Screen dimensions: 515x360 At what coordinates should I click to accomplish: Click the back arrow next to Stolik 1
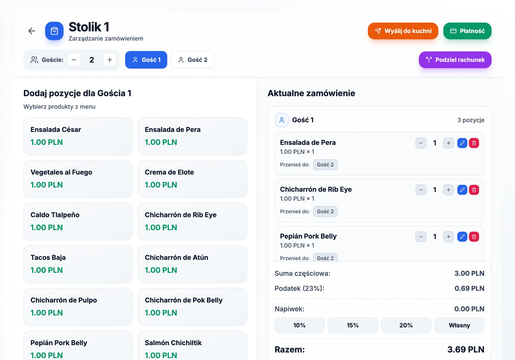[32, 31]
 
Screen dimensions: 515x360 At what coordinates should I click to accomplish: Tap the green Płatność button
[467, 31]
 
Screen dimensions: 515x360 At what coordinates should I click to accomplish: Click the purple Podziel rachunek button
[455, 60]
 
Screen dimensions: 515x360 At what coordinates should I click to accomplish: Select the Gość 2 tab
[193, 60]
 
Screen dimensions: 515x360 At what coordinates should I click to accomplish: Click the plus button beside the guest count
[110, 60]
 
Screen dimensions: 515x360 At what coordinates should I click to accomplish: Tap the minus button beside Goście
[74, 60]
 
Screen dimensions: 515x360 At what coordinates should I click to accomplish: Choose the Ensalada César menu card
[78, 136]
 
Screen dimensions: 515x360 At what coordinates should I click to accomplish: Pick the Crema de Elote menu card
[192, 179]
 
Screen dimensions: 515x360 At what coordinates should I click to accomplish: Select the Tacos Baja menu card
[78, 264]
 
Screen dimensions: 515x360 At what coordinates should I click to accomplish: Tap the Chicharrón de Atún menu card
[192, 264]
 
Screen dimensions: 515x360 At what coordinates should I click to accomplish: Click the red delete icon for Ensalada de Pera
[474, 143]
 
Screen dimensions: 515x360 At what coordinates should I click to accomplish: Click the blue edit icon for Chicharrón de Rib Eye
[462, 190]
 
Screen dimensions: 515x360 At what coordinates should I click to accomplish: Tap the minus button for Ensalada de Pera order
[421, 143]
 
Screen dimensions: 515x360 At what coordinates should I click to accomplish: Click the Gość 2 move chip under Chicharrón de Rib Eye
[325, 211]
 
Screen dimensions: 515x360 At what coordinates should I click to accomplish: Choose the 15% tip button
[353, 325]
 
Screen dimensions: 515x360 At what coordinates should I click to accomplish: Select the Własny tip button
[459, 325]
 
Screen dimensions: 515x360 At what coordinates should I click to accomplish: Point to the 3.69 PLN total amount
[466, 349]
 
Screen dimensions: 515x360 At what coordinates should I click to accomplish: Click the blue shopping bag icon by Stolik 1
[54, 31]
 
